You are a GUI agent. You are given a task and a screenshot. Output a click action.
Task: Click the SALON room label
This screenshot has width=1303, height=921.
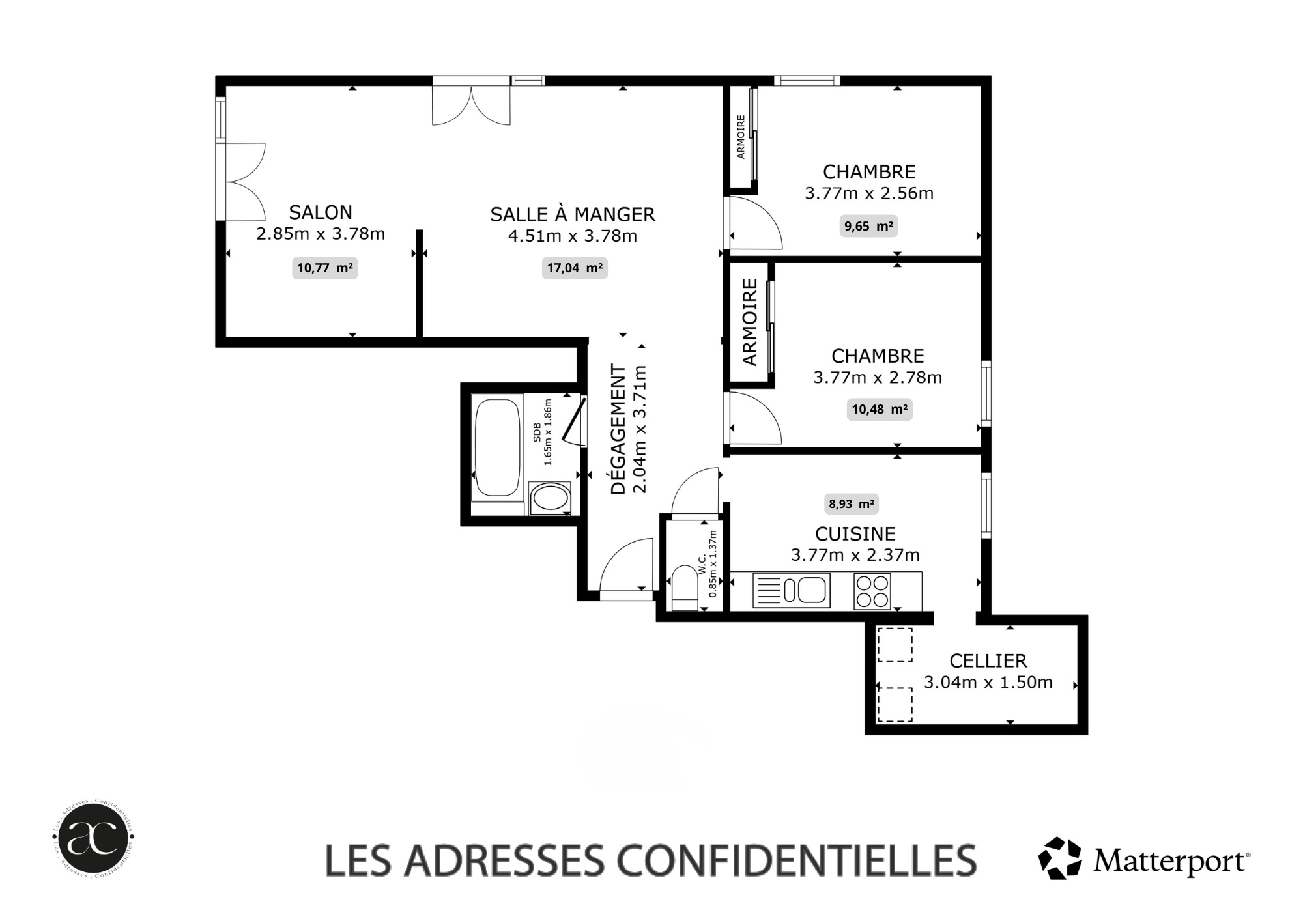click(x=321, y=212)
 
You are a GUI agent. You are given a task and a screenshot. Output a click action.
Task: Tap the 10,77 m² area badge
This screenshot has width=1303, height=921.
click(x=325, y=268)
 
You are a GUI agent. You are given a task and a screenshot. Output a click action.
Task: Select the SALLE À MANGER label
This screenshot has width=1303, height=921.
click(x=573, y=214)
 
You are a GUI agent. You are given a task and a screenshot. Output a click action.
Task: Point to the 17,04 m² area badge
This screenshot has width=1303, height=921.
click(x=575, y=268)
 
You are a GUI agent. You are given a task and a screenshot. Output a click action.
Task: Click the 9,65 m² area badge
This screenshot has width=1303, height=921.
click(x=868, y=226)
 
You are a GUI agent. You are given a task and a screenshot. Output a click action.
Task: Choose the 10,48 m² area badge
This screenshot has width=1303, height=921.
click(x=880, y=409)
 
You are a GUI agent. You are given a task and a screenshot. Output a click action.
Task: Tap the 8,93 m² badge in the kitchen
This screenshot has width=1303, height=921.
click(x=852, y=503)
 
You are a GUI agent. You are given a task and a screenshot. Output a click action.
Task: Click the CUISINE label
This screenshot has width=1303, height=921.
click(x=855, y=534)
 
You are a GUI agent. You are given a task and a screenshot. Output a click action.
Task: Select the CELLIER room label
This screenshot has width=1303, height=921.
click(x=988, y=661)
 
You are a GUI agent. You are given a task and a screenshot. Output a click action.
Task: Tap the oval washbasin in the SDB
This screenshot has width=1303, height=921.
click(x=551, y=498)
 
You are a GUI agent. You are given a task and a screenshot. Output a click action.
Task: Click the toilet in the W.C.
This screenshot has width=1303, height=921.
click(x=684, y=588)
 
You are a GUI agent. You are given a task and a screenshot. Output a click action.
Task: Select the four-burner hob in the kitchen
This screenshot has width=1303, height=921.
click(x=872, y=591)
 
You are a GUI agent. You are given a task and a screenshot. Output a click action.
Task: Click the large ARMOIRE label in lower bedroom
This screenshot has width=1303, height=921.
click(x=750, y=322)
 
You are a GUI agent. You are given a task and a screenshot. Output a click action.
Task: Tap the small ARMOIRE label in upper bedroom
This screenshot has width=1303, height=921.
click(x=741, y=137)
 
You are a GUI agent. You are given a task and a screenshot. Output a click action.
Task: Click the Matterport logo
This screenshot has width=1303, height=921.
click(x=1144, y=859)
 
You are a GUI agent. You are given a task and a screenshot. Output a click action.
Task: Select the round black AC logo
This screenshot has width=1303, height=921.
click(x=93, y=838)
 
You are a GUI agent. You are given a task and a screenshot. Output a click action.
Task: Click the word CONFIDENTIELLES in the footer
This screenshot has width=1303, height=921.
click(x=797, y=860)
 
